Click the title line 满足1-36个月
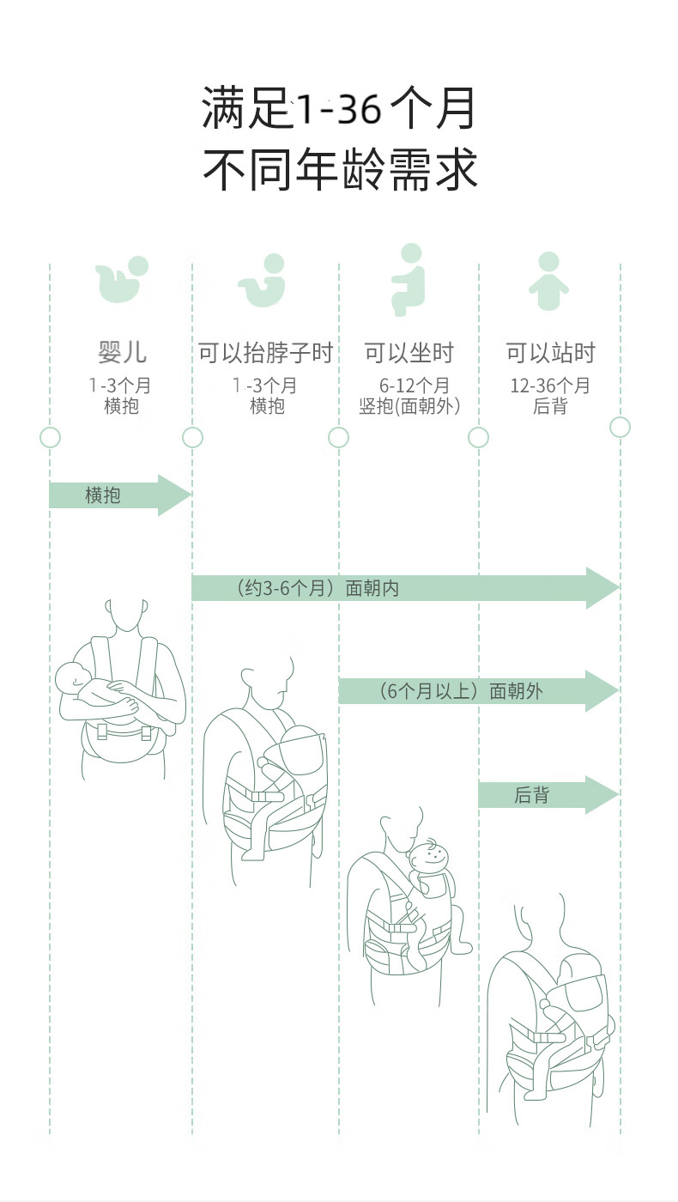tap(338, 108)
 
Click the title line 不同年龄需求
tap(340, 169)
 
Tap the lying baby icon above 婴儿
tap(122, 279)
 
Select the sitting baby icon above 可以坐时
tap(409, 280)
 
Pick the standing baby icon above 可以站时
tap(548, 281)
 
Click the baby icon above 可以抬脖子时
tap(263, 280)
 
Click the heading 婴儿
tap(122, 353)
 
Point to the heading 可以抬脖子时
tap(266, 353)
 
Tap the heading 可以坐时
tap(409, 353)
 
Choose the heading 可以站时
tap(550, 353)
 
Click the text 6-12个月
tap(414, 385)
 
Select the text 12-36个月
tap(550, 385)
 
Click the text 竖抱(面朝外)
tap(410, 406)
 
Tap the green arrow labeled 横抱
tap(120, 495)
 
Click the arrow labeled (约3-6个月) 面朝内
tap(405, 587)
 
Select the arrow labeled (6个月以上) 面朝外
tap(479, 690)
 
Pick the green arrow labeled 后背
tap(548, 794)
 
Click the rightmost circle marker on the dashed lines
tap(620, 428)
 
